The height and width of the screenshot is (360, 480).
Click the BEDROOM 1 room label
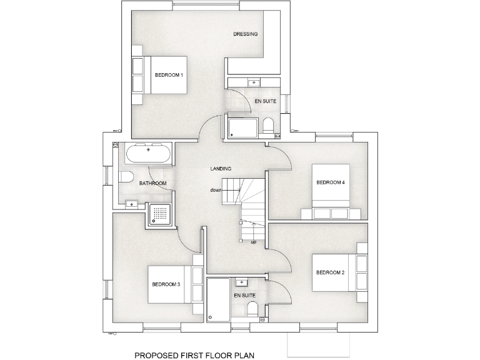[x=169, y=75]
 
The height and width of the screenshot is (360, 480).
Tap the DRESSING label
[x=246, y=34]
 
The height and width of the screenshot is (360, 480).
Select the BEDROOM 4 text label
[x=330, y=182]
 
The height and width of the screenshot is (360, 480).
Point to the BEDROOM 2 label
[x=330, y=272]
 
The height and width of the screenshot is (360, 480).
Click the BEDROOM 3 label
[x=166, y=284]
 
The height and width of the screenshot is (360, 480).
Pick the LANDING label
[x=221, y=169]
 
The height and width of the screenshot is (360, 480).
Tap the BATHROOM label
[x=152, y=183]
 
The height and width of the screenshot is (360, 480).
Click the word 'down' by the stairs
[x=216, y=190]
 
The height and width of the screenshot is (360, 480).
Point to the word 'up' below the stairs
[x=253, y=242]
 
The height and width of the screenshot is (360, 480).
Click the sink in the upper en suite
[x=254, y=82]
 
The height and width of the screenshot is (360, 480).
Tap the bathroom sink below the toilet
[x=132, y=204]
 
